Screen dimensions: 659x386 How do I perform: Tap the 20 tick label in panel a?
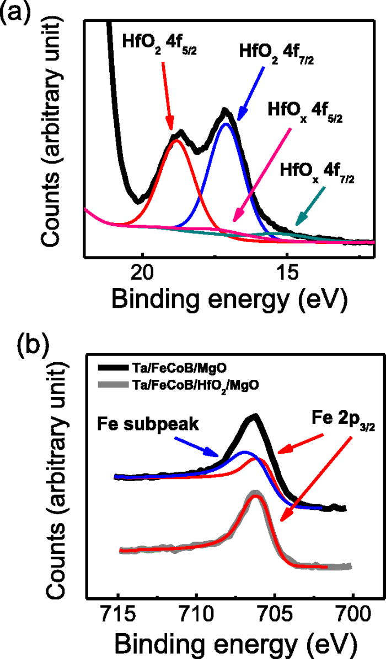pyautogui.click(x=143, y=274)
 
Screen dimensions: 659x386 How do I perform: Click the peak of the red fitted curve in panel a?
pyautogui.click(x=176, y=141)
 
